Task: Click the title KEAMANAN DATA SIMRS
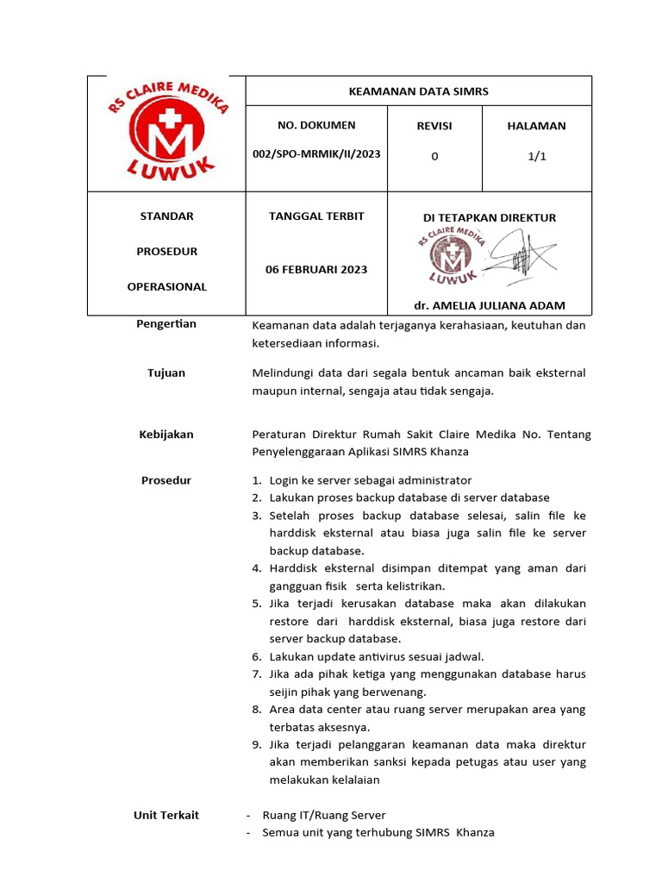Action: click(418, 91)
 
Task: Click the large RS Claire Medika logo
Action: click(167, 132)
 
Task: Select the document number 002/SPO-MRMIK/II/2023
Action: click(316, 155)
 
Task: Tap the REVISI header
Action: click(434, 126)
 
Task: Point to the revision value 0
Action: click(434, 156)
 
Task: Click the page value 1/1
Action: click(536, 156)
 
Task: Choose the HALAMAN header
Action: click(536, 126)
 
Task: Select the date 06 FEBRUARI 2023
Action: click(316, 269)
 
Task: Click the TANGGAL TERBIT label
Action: click(316, 216)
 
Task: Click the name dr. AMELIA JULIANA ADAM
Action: click(490, 306)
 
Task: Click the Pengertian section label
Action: click(166, 324)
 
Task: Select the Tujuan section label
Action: click(166, 373)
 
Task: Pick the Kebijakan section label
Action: click(166, 435)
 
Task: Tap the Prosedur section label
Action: click(166, 480)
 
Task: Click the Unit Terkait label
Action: click(166, 815)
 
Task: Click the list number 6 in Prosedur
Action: click(257, 656)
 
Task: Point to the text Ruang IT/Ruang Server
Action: click(324, 815)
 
